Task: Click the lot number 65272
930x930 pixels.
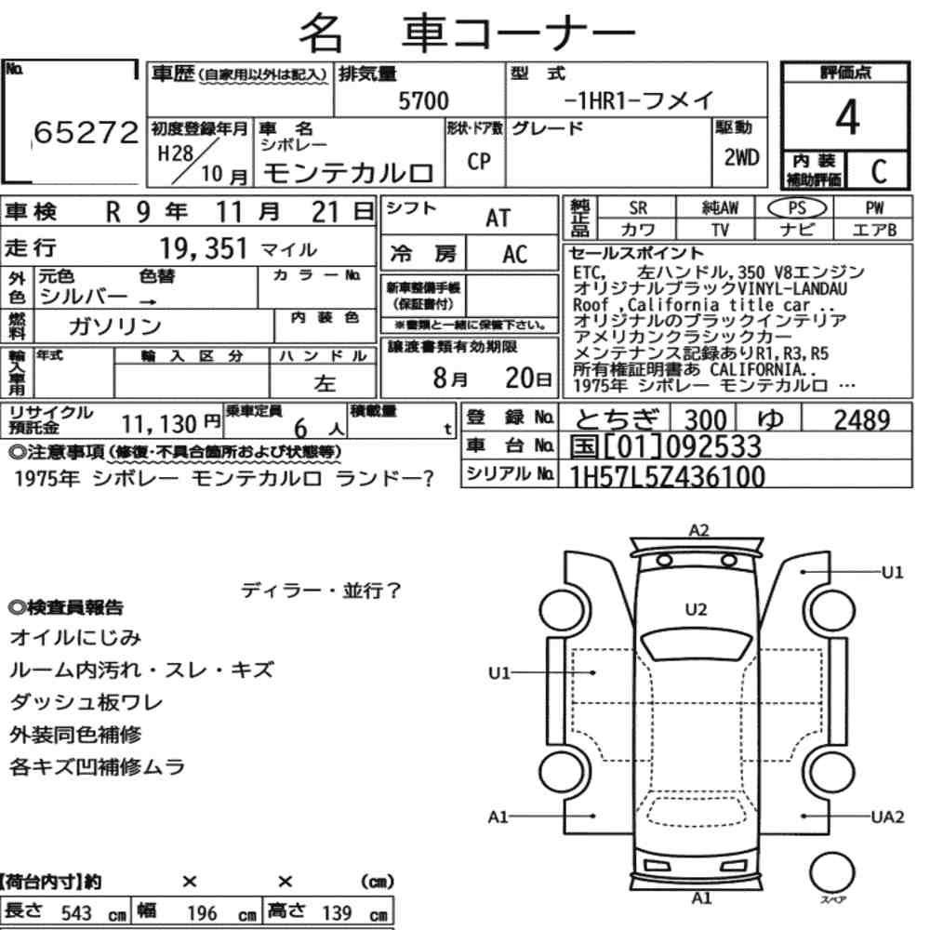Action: click(86, 132)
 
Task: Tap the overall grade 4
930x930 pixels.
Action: click(847, 117)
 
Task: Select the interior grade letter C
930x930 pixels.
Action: click(879, 171)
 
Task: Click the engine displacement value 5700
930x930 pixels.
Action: click(423, 100)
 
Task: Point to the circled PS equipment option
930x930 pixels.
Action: click(797, 207)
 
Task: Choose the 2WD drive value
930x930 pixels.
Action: click(741, 157)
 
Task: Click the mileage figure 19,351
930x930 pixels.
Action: click(204, 248)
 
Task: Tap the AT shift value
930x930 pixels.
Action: click(498, 219)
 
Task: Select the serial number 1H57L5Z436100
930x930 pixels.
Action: click(667, 476)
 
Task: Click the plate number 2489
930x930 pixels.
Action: click(862, 420)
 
